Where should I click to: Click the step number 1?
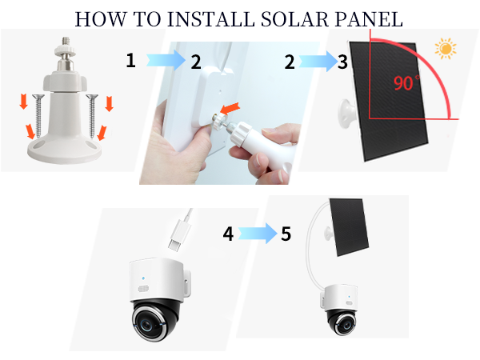[130, 61]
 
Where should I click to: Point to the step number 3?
[342, 62]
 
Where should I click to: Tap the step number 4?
[228, 235]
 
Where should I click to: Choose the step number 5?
[286, 235]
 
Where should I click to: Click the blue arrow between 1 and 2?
[163, 61]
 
